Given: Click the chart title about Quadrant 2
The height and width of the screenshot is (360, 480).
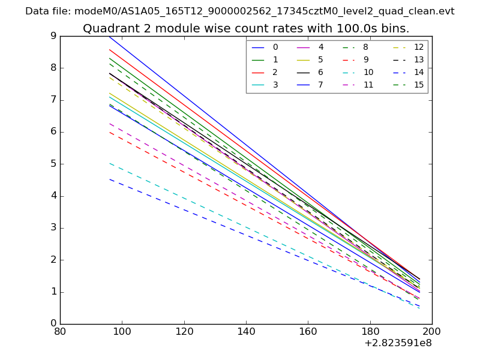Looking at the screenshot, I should pos(246,29).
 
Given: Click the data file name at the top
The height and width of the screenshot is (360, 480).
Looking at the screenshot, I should pos(240,11).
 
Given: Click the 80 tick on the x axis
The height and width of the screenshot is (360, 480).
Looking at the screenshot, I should pos(60,331).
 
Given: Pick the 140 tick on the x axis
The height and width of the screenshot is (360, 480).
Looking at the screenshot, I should pos(246,331).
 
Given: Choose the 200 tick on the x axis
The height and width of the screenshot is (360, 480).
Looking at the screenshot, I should pos(432,331).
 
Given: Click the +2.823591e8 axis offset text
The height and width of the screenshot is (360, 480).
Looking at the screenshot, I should pos(398,343).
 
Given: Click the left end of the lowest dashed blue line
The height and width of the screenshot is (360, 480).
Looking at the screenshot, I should pos(109,179).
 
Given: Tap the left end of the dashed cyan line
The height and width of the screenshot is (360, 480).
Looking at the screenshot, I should pos(109,163).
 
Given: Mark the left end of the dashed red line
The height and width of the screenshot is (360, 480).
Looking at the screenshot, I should pos(109,132).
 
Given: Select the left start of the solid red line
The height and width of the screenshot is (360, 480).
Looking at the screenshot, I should pos(109,49).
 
